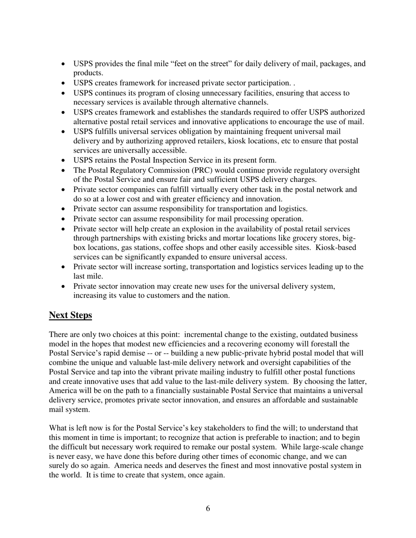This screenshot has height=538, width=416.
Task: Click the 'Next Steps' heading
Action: (71, 315)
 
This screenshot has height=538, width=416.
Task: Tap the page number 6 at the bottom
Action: (208, 508)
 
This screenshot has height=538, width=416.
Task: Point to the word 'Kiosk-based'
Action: (336, 248)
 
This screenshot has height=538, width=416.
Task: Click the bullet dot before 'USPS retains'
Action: (64, 161)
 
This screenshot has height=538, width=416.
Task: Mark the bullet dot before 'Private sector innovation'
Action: (64, 286)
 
